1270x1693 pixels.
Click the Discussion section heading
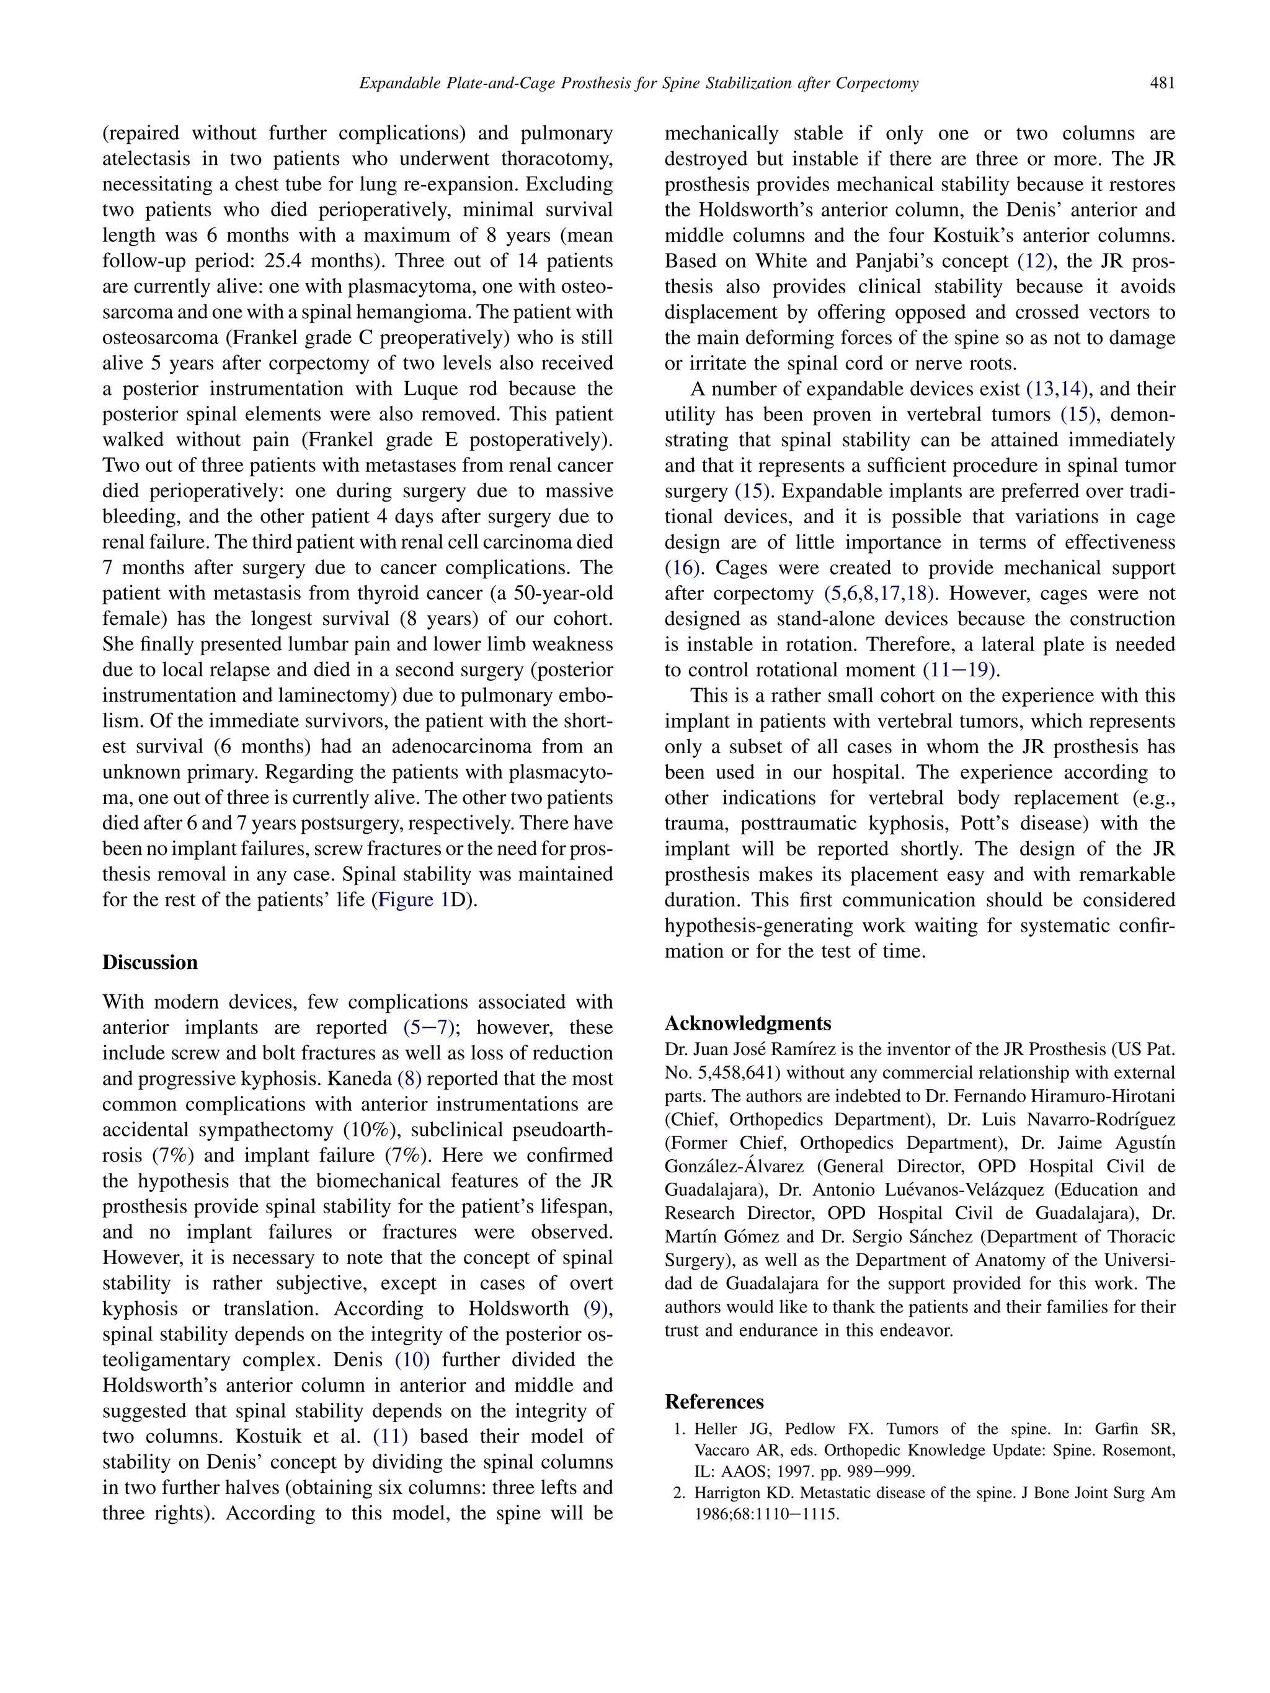150,962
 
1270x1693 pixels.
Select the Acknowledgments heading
747,1023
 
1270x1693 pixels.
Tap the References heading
714,1402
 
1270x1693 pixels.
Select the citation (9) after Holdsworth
598,1308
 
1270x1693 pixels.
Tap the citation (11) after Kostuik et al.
391,1436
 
